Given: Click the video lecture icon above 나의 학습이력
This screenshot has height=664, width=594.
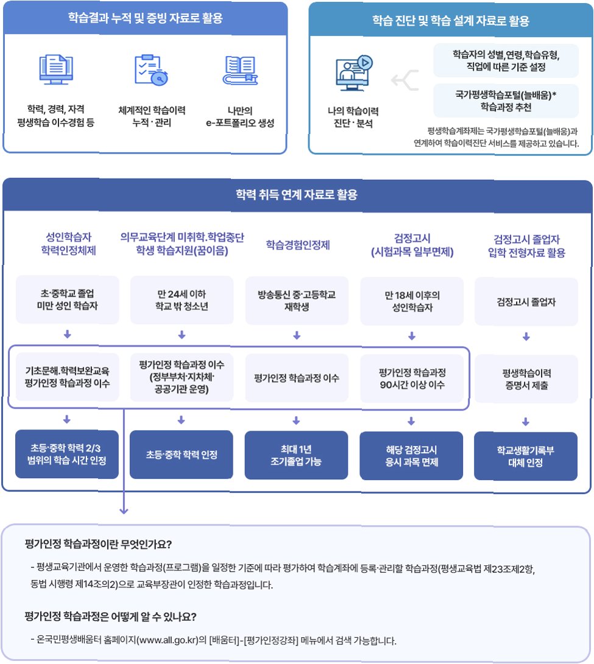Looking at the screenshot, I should pyautogui.click(x=353, y=73).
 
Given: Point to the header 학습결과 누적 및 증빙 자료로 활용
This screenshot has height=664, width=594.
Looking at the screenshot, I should pyautogui.click(x=145, y=18).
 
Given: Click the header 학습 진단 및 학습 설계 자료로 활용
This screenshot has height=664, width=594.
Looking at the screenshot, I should pyautogui.click(x=451, y=21).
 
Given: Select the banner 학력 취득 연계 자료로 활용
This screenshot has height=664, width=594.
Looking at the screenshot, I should pyautogui.click(x=297, y=196).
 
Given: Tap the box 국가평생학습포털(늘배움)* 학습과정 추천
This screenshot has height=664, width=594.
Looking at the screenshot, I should pyautogui.click(x=506, y=101).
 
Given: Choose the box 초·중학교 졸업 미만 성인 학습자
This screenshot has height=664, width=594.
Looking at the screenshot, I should pyautogui.click(x=67, y=301).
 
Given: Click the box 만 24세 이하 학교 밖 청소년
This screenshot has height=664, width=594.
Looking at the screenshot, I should pyautogui.click(x=182, y=301).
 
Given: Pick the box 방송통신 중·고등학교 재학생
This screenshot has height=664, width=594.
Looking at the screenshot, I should pyautogui.click(x=297, y=301).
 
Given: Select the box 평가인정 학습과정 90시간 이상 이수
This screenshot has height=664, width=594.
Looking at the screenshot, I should pyautogui.click(x=411, y=378).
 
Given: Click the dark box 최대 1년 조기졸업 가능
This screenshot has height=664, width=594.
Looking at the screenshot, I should pyautogui.click(x=297, y=455).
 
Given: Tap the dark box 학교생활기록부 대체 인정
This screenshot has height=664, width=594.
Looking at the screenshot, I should pyautogui.click(x=525, y=456).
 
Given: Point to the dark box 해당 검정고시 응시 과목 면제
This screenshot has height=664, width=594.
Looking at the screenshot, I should pyautogui.click(x=411, y=455).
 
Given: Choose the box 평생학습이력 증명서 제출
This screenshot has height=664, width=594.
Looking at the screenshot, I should pyautogui.click(x=525, y=378).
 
